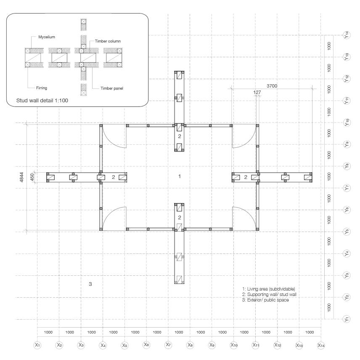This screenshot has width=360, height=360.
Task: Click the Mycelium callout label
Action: [47, 37]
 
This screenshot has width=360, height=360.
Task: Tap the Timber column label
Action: [108, 41]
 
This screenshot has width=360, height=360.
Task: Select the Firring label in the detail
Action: [42, 88]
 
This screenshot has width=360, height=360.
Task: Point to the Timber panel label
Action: [112, 88]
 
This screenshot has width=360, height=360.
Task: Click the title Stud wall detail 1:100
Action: [42, 101]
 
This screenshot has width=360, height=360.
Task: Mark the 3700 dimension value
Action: [272, 86]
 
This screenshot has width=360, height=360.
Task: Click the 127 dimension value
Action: [257, 92]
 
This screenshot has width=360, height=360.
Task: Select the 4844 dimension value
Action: [21, 177]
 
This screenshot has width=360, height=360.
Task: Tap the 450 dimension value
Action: [32, 177]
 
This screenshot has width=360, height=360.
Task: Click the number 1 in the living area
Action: [180, 176]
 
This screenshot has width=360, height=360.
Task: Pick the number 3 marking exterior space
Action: [90, 284]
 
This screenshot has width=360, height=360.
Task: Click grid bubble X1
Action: [37, 345]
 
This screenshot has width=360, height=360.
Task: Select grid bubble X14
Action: [321, 345]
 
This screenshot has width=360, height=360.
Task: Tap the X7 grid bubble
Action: [168, 344]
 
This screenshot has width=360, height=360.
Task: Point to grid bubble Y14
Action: [347, 35]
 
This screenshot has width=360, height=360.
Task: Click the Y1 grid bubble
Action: [347, 319]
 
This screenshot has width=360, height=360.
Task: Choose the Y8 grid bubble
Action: [347, 166]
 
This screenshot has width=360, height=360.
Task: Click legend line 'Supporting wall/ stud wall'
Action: [269, 294]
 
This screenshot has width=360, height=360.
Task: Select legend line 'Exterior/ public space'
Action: [265, 300]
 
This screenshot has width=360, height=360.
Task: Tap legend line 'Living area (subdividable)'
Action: [269, 289]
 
